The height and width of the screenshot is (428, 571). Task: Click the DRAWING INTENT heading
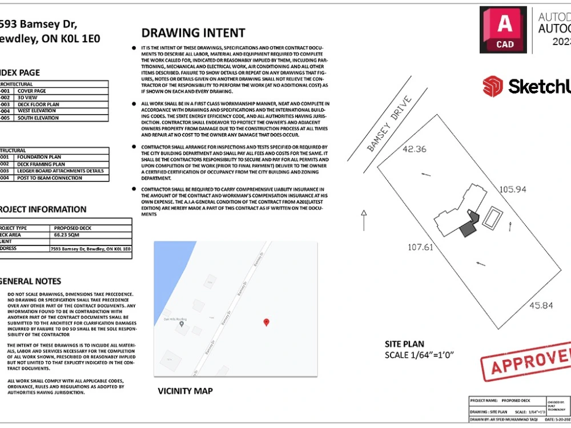[193, 33]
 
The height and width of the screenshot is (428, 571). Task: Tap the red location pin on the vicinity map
[266, 322]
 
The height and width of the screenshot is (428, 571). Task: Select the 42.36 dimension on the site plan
[415, 150]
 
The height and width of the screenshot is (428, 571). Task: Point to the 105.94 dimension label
[512, 189]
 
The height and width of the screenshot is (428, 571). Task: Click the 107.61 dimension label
[420, 248]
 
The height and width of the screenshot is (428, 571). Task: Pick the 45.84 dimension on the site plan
[541, 305]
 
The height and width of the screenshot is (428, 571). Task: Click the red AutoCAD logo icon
[503, 30]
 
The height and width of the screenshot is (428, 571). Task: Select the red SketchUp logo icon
[492, 87]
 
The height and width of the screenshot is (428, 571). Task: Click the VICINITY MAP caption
[185, 391]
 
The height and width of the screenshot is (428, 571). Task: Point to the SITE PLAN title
[404, 344]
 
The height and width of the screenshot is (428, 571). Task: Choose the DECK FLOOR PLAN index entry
[39, 104]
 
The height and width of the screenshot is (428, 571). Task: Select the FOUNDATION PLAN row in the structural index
[39, 157]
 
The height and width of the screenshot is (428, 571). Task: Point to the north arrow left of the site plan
[363, 220]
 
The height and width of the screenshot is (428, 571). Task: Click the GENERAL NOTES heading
[30, 281]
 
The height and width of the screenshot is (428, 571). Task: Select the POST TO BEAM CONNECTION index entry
[49, 178]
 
